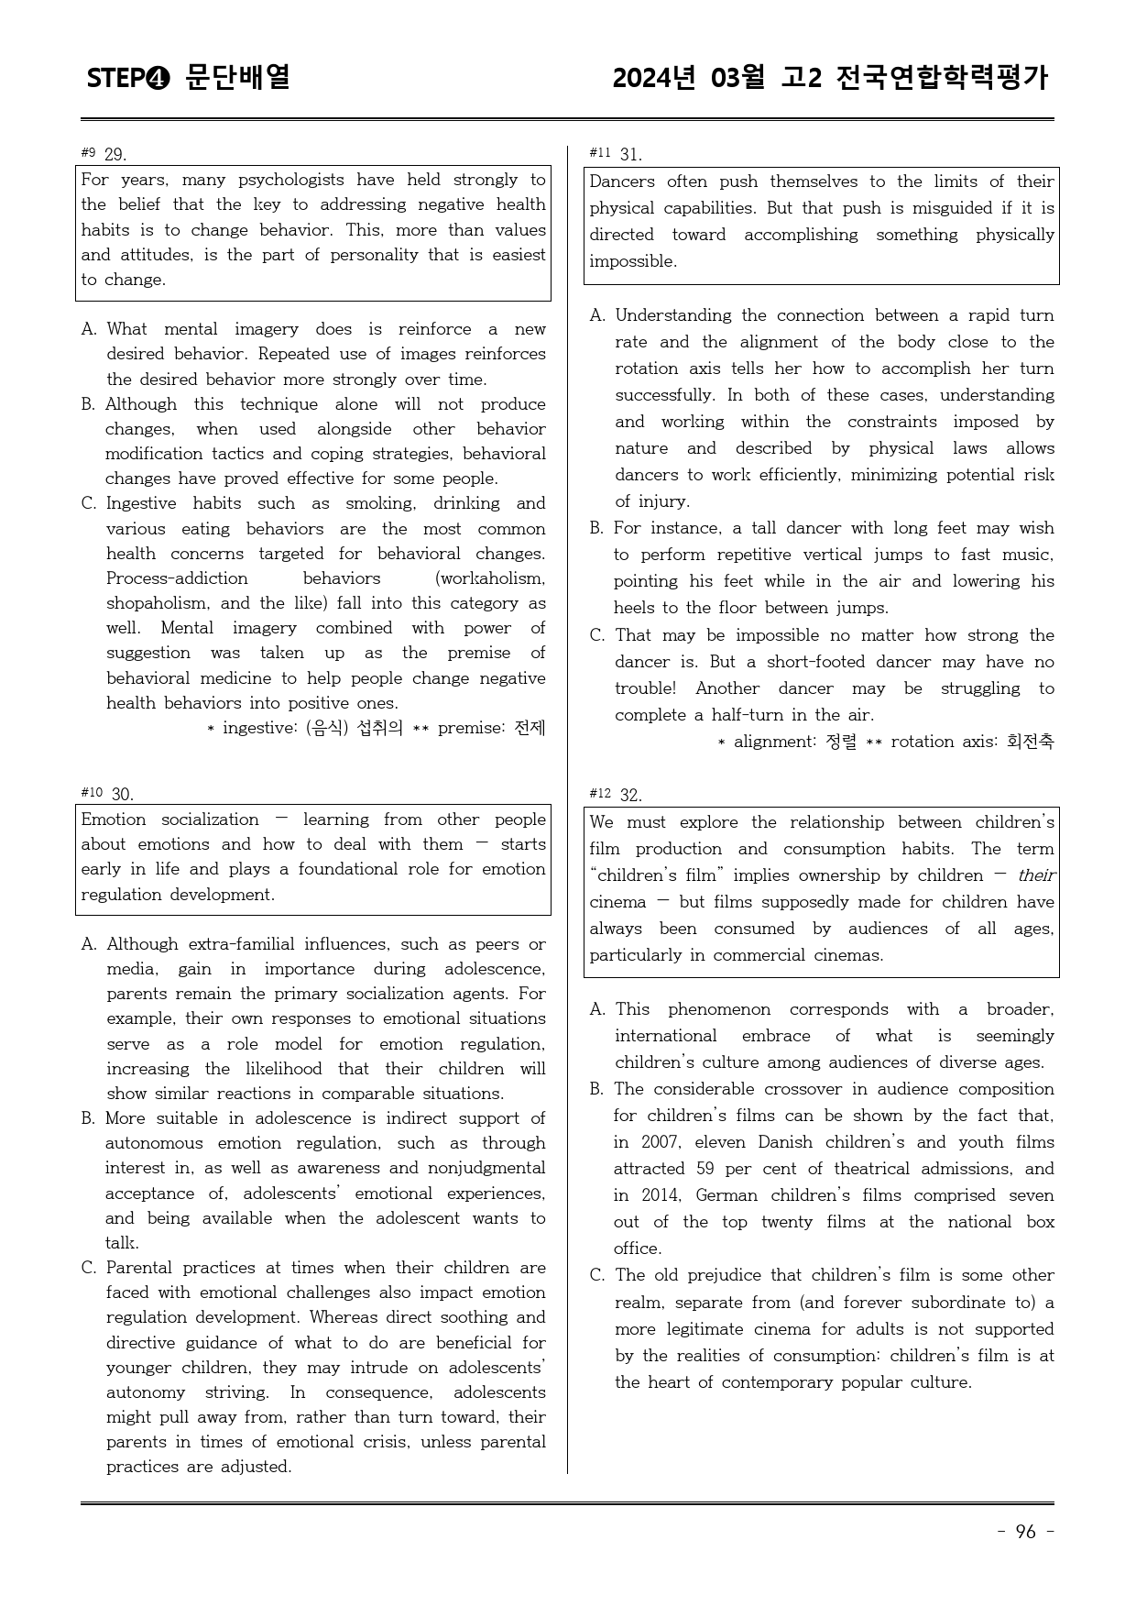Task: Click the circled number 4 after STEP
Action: click(157, 79)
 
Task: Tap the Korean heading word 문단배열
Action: click(237, 77)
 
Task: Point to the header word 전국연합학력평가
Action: click(941, 78)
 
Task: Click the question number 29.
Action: click(115, 154)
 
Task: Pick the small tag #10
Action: click(91, 792)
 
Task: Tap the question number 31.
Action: click(630, 154)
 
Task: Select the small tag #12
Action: click(599, 793)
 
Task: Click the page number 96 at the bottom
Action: click(1025, 1532)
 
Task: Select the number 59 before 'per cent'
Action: click(704, 1169)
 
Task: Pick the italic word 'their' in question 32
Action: click(1035, 875)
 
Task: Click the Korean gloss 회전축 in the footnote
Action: click(1030, 742)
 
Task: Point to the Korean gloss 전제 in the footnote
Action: click(530, 728)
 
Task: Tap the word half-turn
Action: click(769, 715)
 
